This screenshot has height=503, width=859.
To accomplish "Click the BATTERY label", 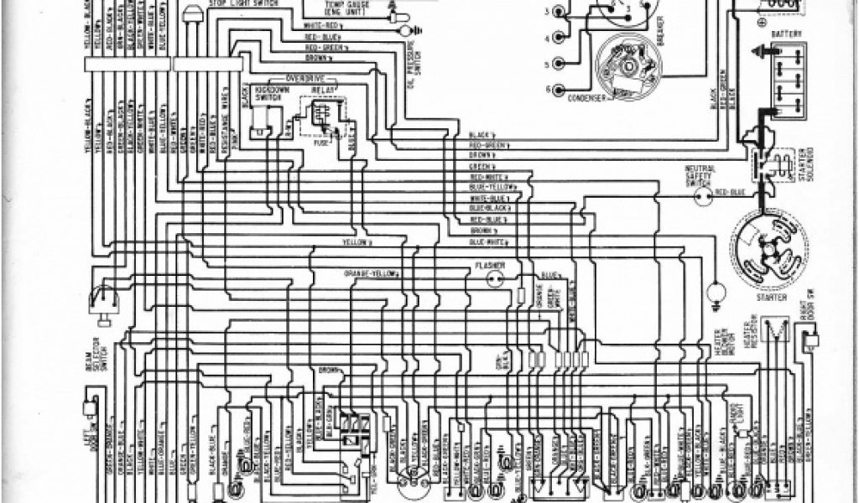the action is (787, 34).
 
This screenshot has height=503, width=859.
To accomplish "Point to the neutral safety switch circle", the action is (699, 194).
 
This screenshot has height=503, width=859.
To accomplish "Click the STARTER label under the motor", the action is (770, 297).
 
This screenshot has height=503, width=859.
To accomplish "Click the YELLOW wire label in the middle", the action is (355, 241).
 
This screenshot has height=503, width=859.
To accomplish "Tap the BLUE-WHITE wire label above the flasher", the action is (487, 241).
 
